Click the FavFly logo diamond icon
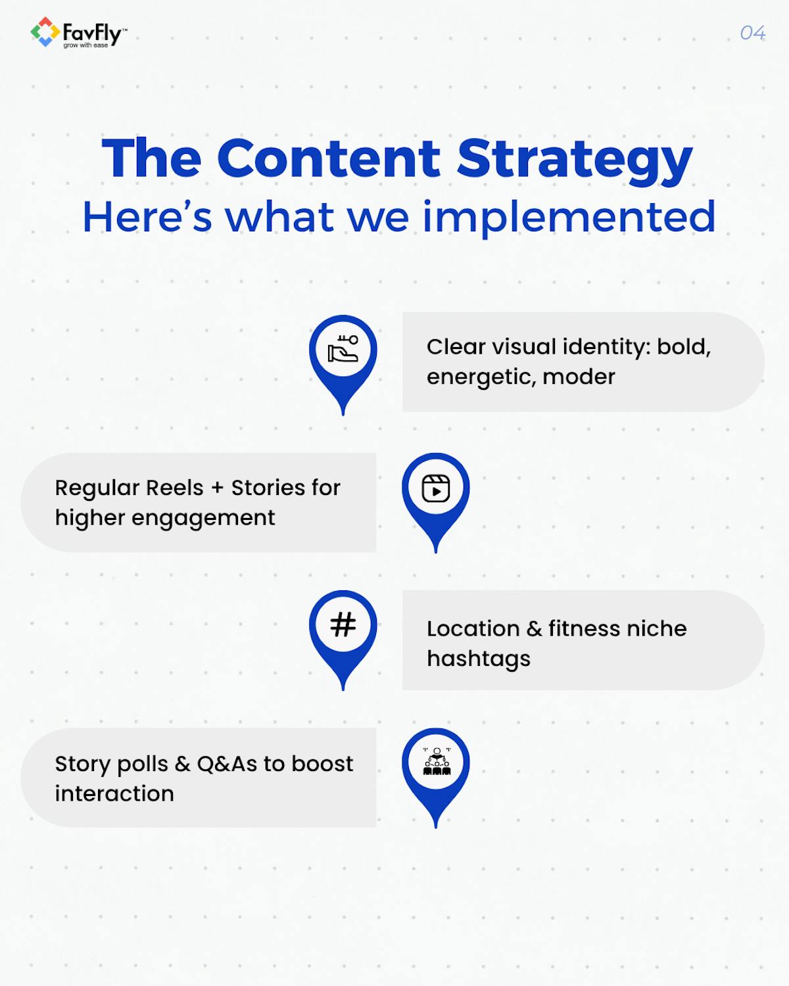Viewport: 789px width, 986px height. click(x=45, y=32)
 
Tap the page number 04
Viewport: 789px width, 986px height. click(x=752, y=33)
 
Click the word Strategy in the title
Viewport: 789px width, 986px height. click(x=574, y=159)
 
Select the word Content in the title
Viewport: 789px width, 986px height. click(x=328, y=158)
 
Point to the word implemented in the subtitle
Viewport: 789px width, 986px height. click(x=568, y=217)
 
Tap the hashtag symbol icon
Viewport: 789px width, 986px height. click(x=343, y=624)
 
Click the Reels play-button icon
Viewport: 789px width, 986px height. click(x=436, y=488)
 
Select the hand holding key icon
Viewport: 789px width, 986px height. click(x=343, y=349)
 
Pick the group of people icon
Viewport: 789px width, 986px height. click(x=436, y=762)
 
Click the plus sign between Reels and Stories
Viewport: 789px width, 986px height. click(x=218, y=488)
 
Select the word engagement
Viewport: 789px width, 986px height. click(x=203, y=518)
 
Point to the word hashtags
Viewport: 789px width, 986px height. click(x=478, y=659)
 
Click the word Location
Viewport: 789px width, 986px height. click(x=473, y=628)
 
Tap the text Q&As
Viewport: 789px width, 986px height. click(x=227, y=764)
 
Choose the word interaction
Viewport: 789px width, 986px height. click(x=114, y=794)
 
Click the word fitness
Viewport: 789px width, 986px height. click(x=575, y=628)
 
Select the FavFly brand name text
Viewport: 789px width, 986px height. click(x=91, y=32)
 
